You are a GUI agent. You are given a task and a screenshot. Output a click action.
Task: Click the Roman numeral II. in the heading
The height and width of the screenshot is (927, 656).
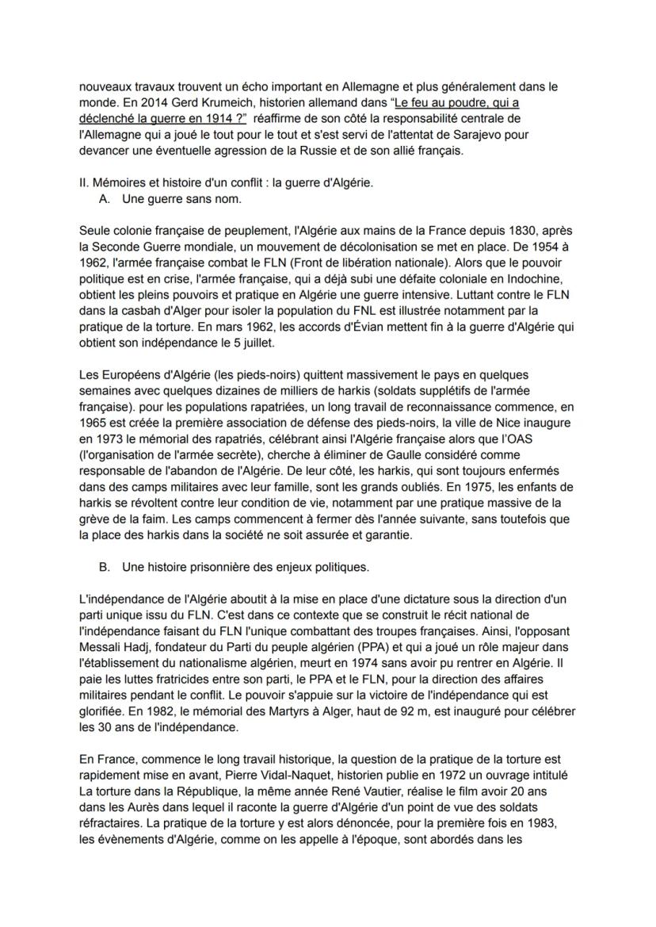coord(85,182)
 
